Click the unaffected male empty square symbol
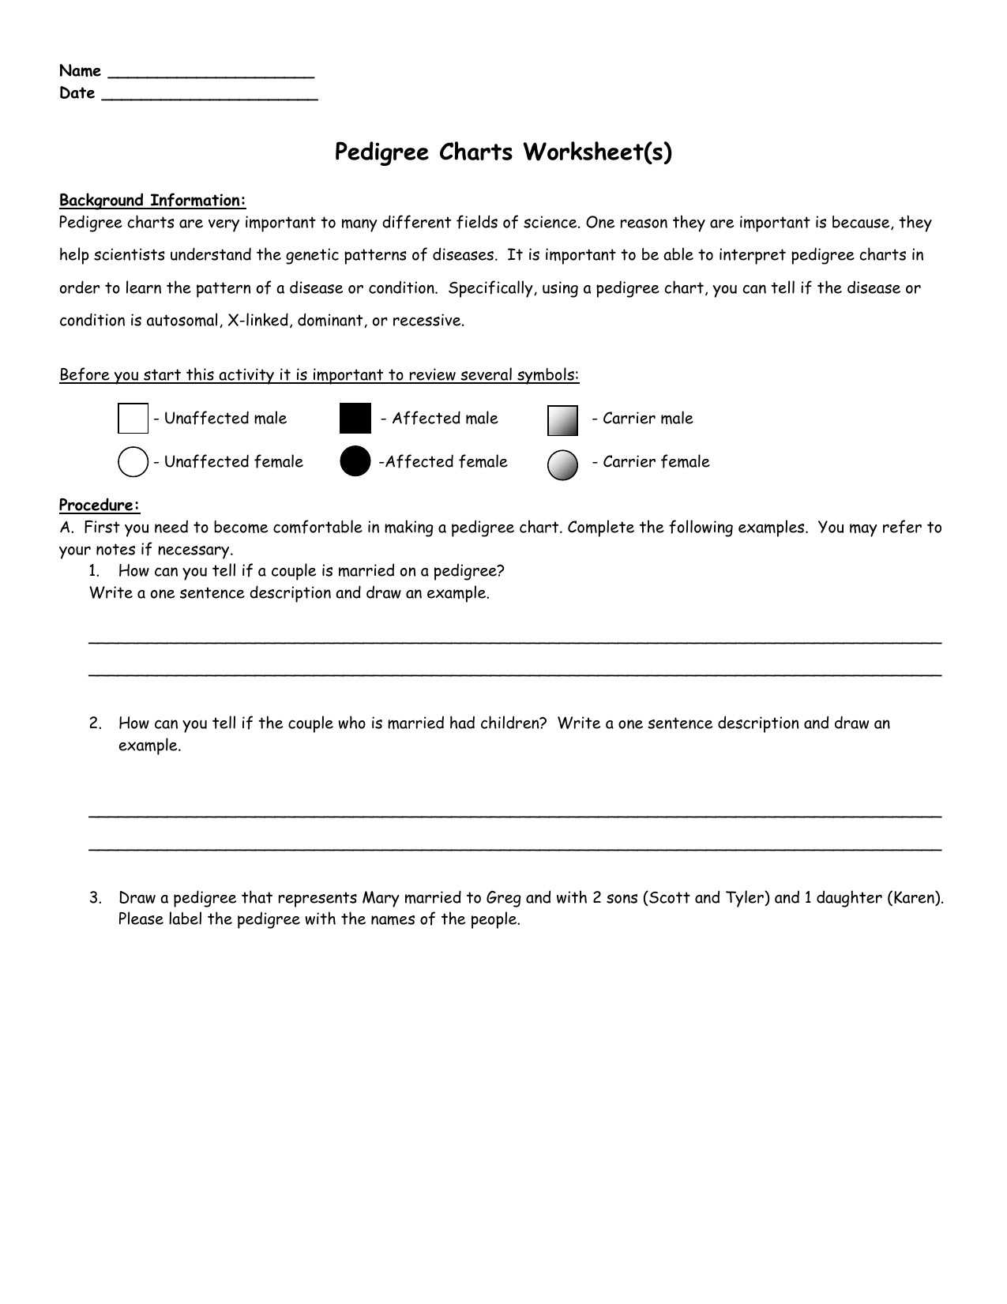click(x=133, y=419)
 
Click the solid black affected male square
click(x=355, y=419)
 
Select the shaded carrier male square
click(x=562, y=421)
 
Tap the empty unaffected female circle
click(x=133, y=462)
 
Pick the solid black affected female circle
click(x=355, y=462)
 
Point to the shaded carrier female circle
click(x=562, y=465)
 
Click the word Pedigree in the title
click(x=384, y=152)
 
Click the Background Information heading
click(x=152, y=201)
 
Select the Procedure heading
click(x=100, y=505)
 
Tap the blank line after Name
click(x=210, y=75)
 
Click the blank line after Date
click(x=210, y=97)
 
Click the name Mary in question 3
click(x=381, y=898)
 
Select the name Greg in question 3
click(x=503, y=898)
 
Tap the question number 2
click(x=95, y=723)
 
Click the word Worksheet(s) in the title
click(x=598, y=152)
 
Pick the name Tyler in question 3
click(x=746, y=898)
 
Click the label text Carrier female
click(x=656, y=462)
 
